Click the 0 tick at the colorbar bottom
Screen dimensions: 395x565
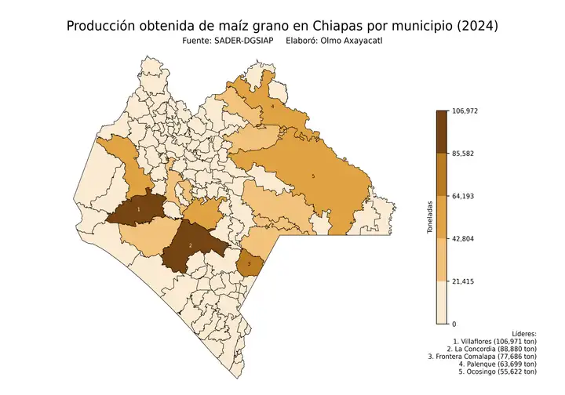(454, 323)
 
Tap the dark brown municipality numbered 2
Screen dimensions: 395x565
(190, 246)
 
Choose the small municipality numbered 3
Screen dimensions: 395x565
(249, 263)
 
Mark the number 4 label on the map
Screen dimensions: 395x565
(272, 105)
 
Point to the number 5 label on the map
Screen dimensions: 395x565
(313, 176)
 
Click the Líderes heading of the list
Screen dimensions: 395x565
(523, 334)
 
